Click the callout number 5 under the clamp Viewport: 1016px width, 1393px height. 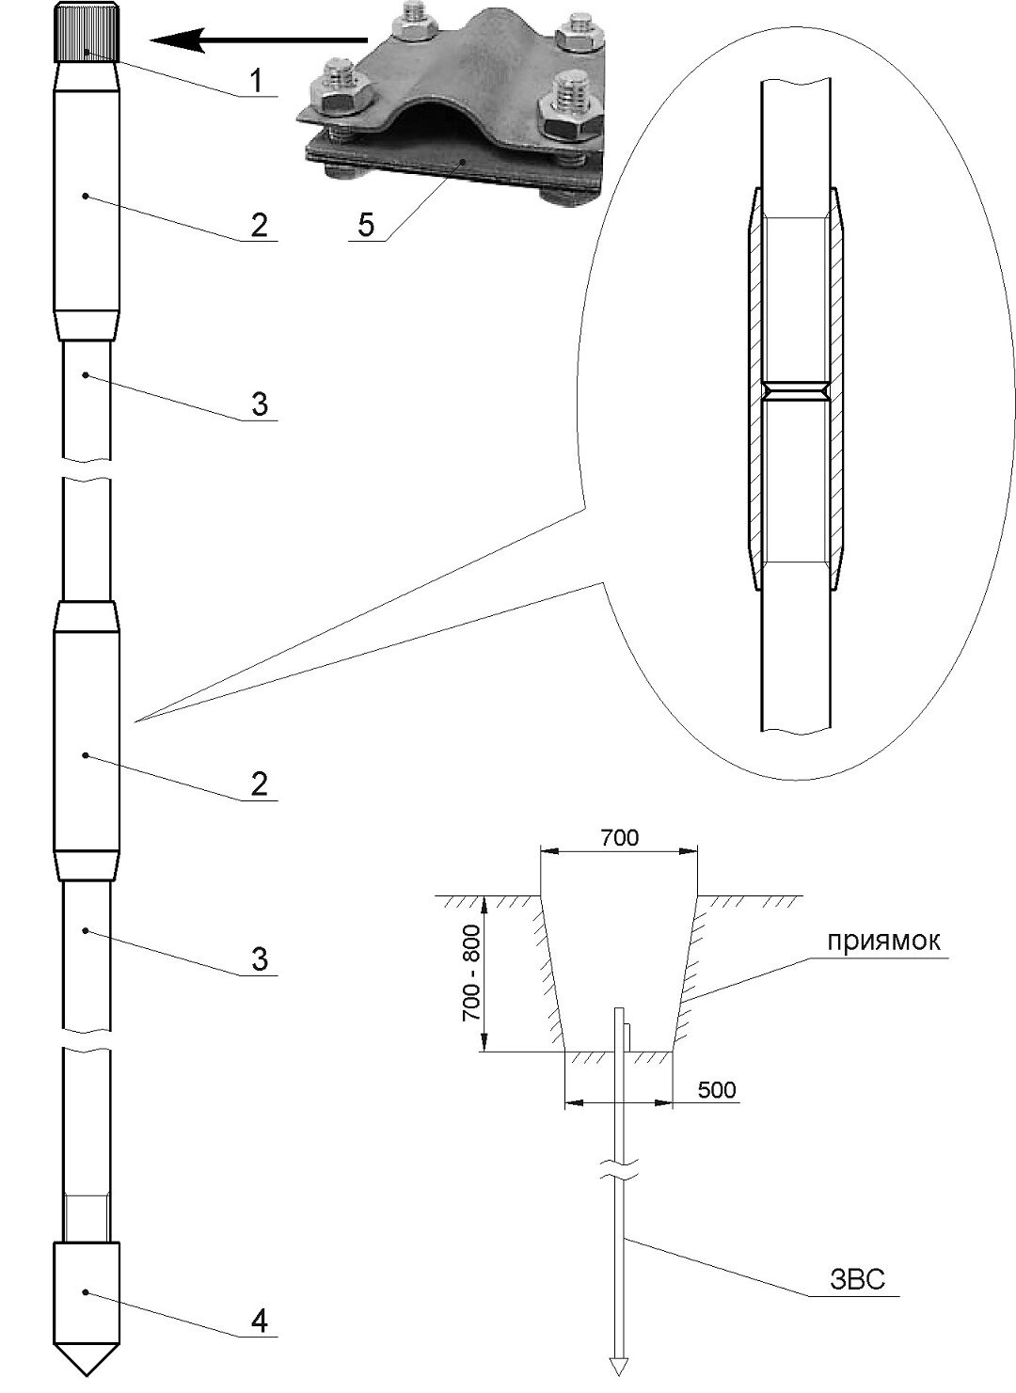pyautogui.click(x=367, y=224)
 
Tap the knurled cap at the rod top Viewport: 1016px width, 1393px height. pyautogui.click(x=87, y=32)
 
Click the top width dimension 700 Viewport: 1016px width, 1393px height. pyautogui.click(x=619, y=838)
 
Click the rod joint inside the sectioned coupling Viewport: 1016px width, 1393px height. pyautogui.click(x=797, y=390)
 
